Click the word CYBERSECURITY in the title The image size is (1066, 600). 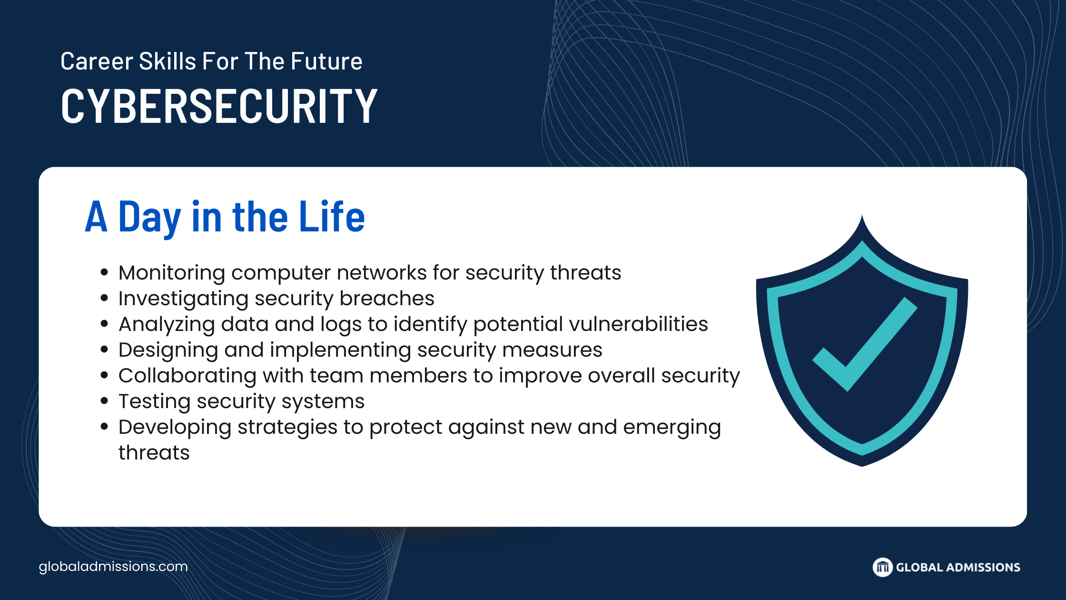pyautogui.click(x=219, y=106)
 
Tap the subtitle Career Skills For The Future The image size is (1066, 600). pyautogui.click(x=211, y=61)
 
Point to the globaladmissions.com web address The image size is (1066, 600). pyautogui.click(x=113, y=567)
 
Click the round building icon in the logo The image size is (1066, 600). pyautogui.click(x=882, y=567)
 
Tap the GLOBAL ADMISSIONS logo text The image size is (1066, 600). pyautogui.click(x=958, y=567)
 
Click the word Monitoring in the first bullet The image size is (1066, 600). pyautogui.click(x=172, y=273)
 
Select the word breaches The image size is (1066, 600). pyautogui.click(x=387, y=299)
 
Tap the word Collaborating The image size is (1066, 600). pyautogui.click(x=188, y=376)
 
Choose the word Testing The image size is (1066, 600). pyautogui.click(x=155, y=402)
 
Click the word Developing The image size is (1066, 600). pyautogui.click(x=175, y=428)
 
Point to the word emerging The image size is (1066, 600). pyautogui.click(x=672, y=428)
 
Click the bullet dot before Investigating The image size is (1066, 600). pyautogui.click(x=105, y=299)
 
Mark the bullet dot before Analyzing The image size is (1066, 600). pyautogui.click(x=105, y=324)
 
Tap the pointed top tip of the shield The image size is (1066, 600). pyautogui.click(x=862, y=215)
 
